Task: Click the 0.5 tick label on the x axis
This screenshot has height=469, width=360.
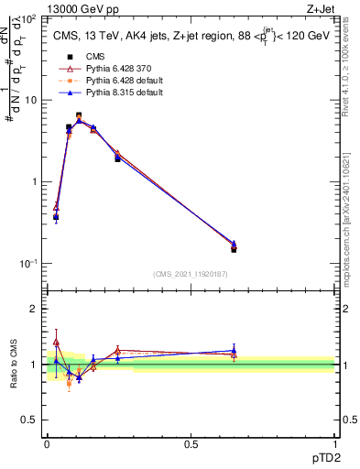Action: tap(191, 444)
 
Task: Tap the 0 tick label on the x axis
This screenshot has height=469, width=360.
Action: tap(47, 444)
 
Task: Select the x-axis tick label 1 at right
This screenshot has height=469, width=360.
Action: tap(334, 444)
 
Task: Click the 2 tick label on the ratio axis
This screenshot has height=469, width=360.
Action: tap(34, 309)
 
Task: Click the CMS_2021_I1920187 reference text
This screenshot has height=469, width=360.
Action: tap(191, 274)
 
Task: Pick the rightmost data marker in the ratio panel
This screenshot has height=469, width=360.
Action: tap(234, 351)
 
